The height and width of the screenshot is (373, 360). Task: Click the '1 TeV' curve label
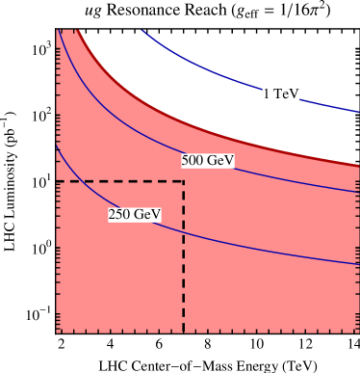pyautogui.click(x=280, y=93)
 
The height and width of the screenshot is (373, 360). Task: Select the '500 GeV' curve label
pyautogui.click(x=208, y=161)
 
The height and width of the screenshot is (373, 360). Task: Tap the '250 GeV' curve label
pyautogui.click(x=134, y=214)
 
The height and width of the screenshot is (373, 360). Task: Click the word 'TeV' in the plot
pyautogui.click(x=287, y=93)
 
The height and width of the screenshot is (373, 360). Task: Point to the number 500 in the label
pyautogui.click(x=194, y=161)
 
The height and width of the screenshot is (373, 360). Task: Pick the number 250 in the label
pyautogui.click(x=120, y=214)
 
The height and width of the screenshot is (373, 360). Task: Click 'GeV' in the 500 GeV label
pyautogui.click(x=220, y=161)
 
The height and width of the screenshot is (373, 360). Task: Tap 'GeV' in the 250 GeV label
pyautogui.click(x=146, y=214)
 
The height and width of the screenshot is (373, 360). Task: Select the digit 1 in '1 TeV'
pyautogui.click(x=266, y=93)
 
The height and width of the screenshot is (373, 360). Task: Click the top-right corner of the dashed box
pyautogui.click(x=184, y=181)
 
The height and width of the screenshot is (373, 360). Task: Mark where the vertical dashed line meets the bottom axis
pyautogui.click(x=184, y=333)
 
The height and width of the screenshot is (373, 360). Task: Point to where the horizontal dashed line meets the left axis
pyautogui.click(x=57, y=181)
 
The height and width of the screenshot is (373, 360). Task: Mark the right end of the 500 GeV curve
pyautogui.click(x=358, y=192)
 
